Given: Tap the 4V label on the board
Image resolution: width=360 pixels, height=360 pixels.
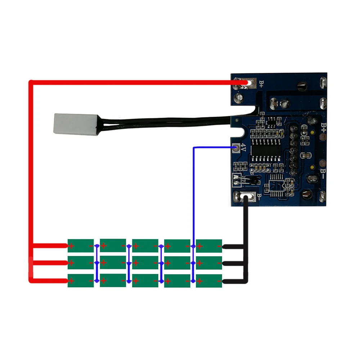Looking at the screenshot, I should tap(243, 148).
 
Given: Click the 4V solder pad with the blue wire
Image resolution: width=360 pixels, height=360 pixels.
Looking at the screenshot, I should tap(236, 148).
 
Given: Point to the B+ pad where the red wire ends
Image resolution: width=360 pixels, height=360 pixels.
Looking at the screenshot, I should tap(245, 84).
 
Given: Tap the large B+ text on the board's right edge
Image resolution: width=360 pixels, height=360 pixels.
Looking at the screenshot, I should tap(323, 129).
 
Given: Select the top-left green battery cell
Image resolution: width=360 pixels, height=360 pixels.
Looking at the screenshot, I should tap(81, 246).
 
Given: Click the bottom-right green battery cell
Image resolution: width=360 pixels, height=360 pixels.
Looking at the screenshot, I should tap(209, 280).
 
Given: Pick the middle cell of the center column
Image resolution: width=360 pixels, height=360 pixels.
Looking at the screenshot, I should tap(145, 263).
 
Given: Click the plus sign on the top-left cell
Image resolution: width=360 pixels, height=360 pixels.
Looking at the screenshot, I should tap(72, 246).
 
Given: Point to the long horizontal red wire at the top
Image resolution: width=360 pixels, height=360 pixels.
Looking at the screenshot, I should tap(130, 82).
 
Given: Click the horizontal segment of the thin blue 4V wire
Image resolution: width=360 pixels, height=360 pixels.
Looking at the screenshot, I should tap(212, 148).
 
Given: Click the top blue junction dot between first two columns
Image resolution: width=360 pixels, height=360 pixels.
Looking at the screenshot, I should tap(96, 246).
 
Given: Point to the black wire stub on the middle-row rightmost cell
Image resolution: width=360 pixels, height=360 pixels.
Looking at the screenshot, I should tap(234, 264).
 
